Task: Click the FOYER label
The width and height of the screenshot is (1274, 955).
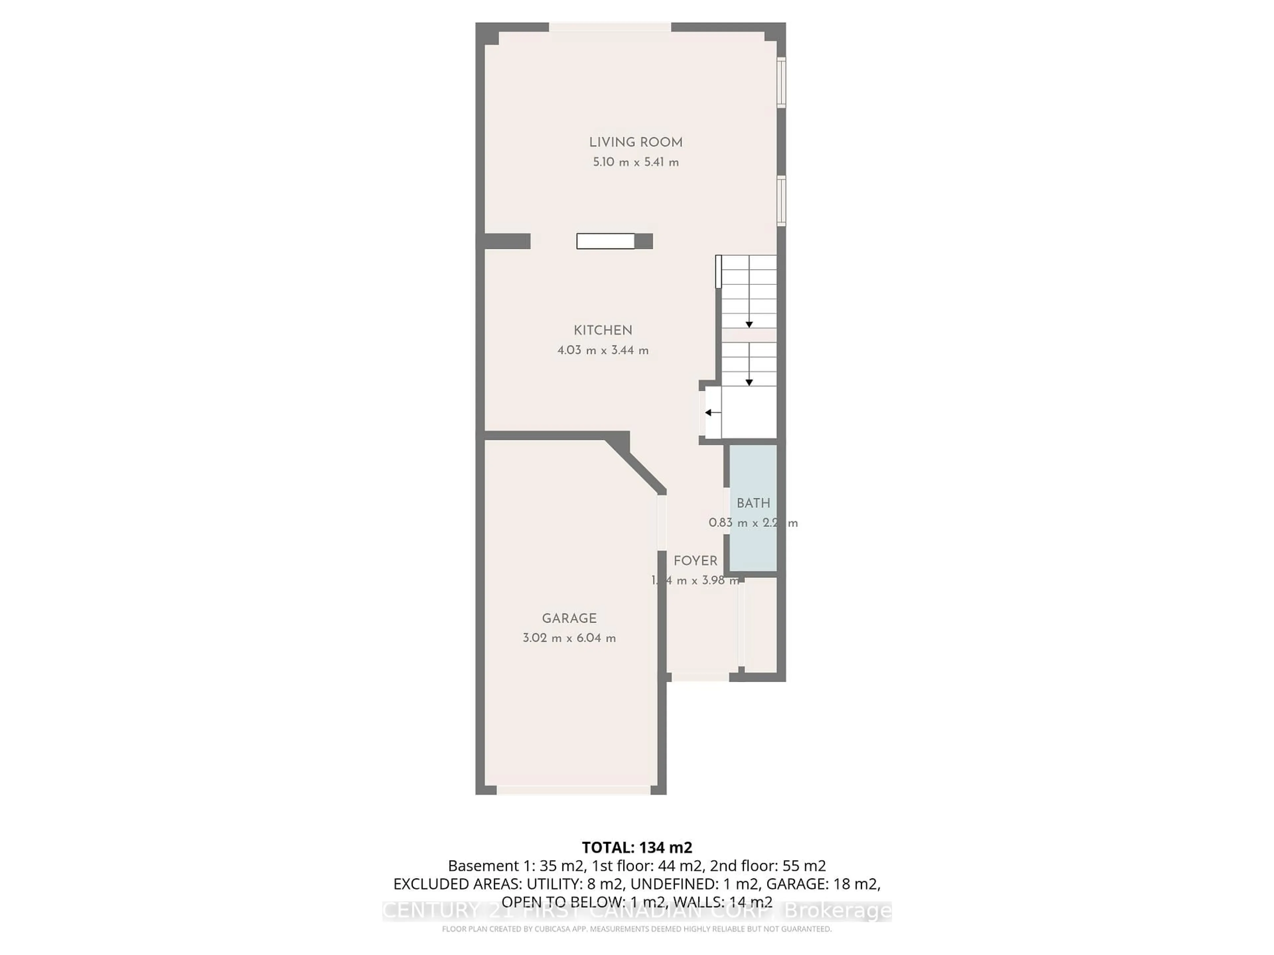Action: tap(695, 561)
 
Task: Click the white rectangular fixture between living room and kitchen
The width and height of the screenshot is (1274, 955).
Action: tap(605, 241)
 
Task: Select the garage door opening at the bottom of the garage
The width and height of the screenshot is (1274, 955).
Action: tap(574, 791)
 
